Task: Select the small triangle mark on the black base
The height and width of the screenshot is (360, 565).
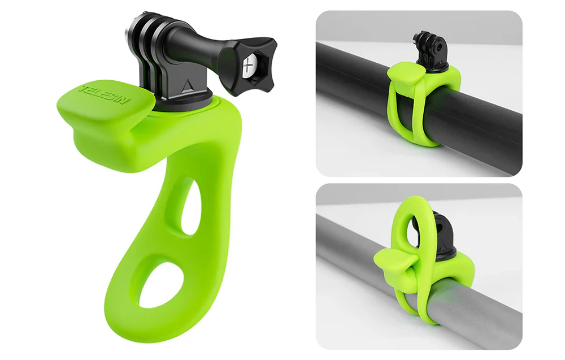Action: pyautogui.click(x=186, y=86)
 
